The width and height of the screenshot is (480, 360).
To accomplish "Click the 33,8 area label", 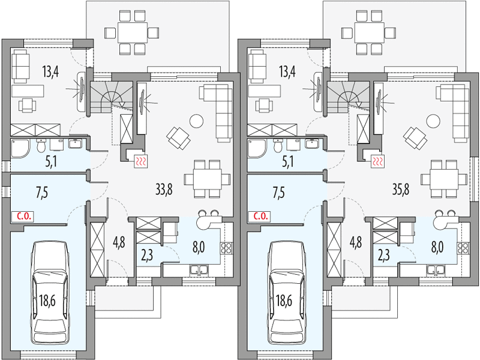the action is [164, 190].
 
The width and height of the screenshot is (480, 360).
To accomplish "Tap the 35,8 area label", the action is [401, 190].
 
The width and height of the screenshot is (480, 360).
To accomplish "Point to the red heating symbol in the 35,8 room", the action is [378, 161].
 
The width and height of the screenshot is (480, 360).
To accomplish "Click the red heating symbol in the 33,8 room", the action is [142, 161].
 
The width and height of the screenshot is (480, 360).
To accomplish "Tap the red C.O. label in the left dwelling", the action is [22, 217].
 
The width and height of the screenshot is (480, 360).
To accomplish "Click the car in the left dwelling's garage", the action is [50, 292].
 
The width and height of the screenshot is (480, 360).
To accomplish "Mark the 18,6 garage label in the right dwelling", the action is [283, 301].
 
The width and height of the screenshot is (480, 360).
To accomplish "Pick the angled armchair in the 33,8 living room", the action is [178, 138].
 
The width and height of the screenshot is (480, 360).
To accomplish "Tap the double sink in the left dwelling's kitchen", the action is [199, 269].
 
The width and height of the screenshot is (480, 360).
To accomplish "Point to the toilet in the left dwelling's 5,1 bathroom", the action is [41, 146].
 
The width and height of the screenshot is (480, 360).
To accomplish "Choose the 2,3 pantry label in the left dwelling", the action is [147, 255].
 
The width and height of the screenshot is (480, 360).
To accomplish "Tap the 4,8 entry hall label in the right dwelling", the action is [355, 242].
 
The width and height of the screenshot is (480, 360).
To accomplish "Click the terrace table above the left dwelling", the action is [133, 32].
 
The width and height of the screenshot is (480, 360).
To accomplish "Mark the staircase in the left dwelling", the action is [111, 97].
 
